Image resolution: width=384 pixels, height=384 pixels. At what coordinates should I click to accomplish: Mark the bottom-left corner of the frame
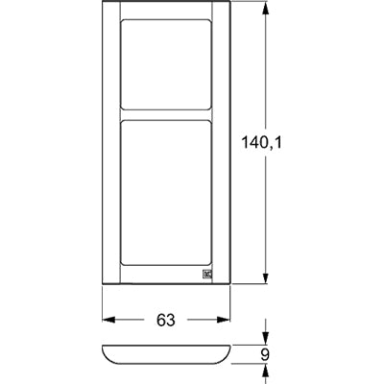coord(103,285)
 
